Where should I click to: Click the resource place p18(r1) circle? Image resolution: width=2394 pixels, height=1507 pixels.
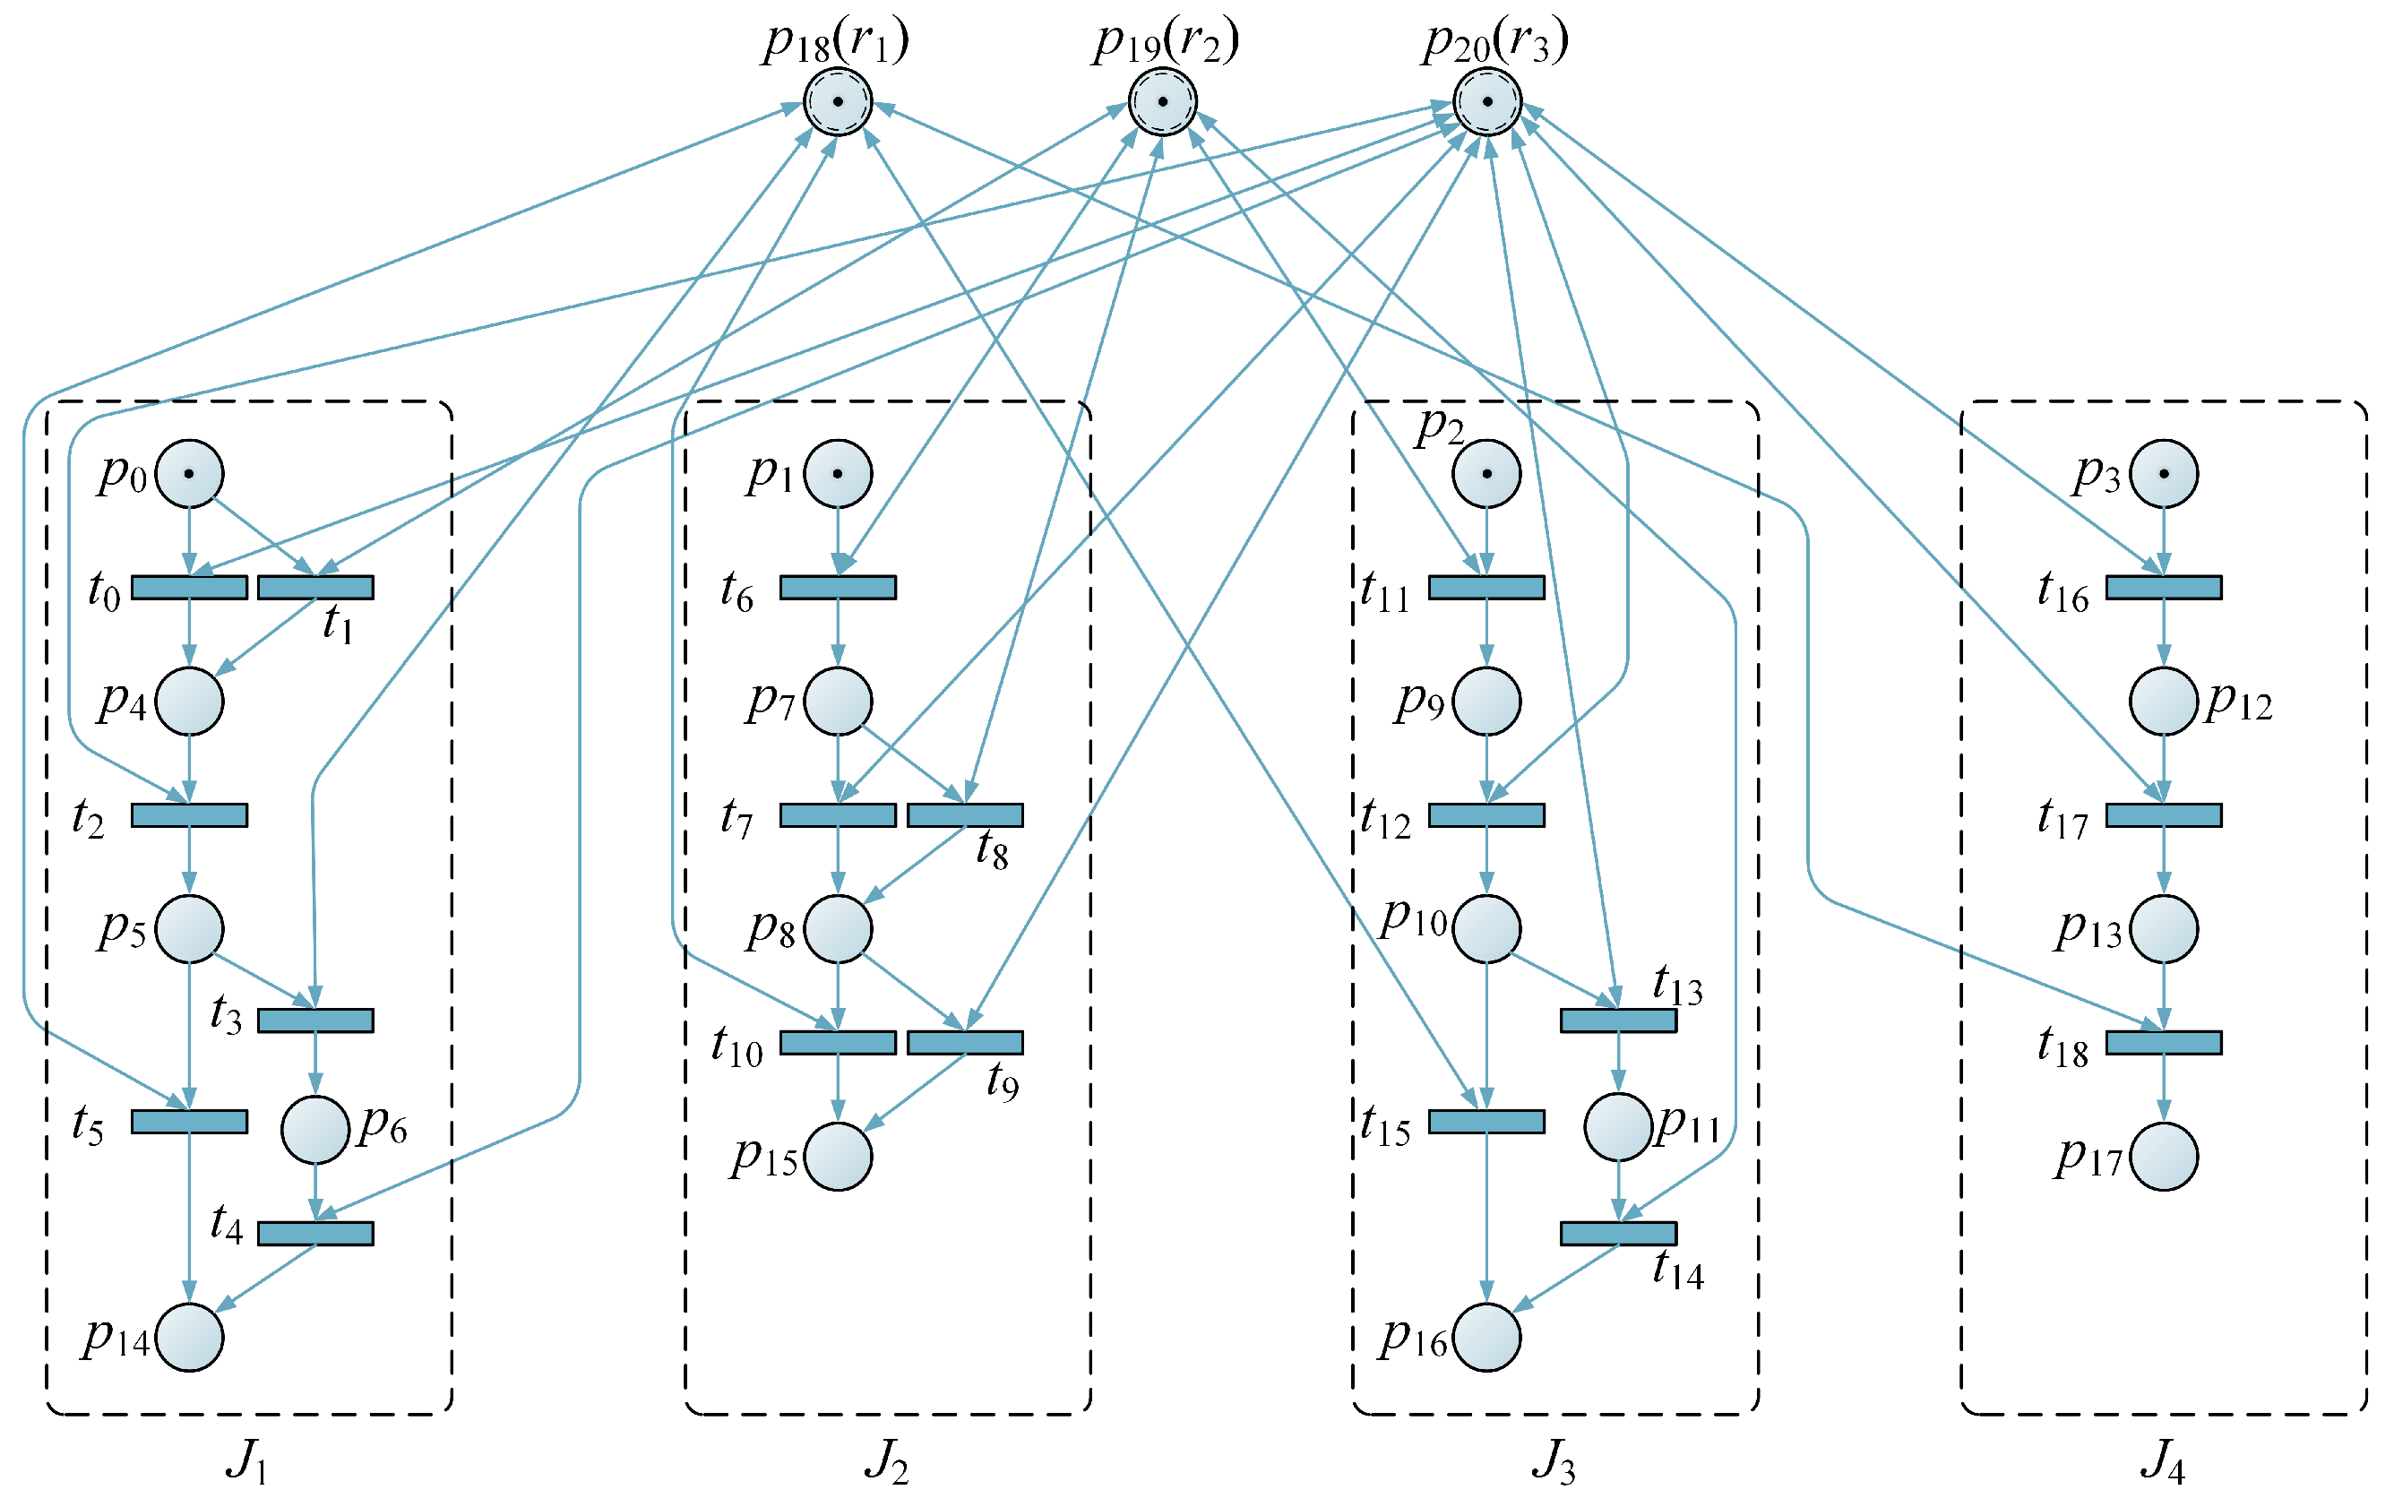coord(837,101)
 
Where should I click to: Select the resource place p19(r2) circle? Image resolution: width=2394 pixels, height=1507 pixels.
coord(1162,101)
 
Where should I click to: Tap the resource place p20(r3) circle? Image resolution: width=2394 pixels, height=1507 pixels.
coord(1486,101)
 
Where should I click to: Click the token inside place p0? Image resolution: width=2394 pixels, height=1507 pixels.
coord(189,473)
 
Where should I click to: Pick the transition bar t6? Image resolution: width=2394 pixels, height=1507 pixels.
coord(837,588)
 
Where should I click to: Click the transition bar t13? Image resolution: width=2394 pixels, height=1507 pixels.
coord(1617,1020)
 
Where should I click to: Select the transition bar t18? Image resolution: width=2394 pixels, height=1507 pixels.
coord(2164,1042)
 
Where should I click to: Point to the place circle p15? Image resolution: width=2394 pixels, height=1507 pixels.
coord(837,1156)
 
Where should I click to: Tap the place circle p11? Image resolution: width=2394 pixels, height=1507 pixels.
coord(1617,1127)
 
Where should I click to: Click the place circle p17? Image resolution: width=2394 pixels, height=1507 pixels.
coord(2164,1156)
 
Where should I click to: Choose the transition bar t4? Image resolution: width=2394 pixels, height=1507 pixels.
coord(315,1233)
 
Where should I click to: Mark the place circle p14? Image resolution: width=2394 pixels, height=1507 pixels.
coord(189,1337)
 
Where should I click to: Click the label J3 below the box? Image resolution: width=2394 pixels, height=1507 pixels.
coord(1554,1461)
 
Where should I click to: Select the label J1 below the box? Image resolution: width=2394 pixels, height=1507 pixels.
coord(246,1461)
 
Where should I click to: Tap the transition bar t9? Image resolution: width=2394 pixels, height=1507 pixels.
coord(964,1042)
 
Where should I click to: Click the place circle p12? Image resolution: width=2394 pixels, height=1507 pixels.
coord(2164,701)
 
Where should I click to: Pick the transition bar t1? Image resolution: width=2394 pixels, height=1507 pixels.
coord(315,588)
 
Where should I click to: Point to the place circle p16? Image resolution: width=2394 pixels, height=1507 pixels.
coord(1486,1337)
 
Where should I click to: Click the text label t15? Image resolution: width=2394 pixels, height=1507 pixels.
coord(1385,1127)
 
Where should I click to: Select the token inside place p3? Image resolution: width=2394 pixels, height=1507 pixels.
coord(2164,473)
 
